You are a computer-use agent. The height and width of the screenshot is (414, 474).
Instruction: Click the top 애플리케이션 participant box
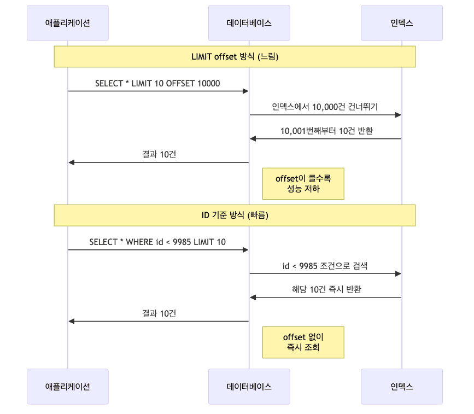point(68,23)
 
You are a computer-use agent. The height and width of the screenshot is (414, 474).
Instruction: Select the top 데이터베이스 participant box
point(249,23)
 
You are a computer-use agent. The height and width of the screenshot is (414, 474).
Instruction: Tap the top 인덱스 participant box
point(402,23)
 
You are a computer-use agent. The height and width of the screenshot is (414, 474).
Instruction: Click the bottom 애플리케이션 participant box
point(68,386)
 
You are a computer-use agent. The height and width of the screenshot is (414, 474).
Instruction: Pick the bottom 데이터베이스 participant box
point(249,386)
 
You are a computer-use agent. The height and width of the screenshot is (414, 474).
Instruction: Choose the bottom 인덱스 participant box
point(402,386)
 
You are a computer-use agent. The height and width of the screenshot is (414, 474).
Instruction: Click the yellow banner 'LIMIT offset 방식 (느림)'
point(235,56)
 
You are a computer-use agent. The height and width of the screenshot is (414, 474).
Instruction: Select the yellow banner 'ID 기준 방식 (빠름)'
point(235,215)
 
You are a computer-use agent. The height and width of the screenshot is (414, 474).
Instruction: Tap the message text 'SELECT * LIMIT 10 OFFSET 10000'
point(157,83)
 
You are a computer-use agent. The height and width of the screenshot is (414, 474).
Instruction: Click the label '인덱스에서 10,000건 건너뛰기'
point(325,107)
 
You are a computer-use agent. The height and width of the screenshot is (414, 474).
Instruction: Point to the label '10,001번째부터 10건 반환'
point(326,131)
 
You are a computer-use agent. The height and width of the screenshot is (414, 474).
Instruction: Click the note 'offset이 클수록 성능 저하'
point(303,183)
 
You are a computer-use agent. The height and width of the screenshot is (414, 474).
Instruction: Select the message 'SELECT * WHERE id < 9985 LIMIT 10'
point(157,242)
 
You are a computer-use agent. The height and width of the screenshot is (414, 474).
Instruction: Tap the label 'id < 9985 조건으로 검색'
point(325,266)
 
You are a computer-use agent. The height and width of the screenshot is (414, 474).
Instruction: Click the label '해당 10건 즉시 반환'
point(326,290)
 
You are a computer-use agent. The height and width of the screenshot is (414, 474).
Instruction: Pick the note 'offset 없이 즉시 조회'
point(303,342)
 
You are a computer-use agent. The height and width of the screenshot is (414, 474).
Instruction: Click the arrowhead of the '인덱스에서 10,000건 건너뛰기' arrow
point(399,115)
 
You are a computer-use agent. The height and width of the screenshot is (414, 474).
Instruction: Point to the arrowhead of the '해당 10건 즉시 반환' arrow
point(253,298)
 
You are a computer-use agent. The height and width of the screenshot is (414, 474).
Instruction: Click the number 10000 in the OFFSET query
point(208,83)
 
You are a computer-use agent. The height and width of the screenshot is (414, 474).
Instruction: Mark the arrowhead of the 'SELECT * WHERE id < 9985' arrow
point(245,250)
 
